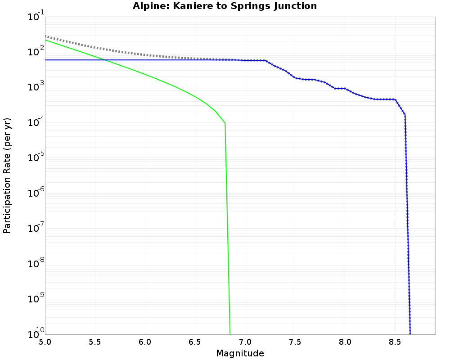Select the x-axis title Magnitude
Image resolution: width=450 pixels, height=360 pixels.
(x=240, y=353)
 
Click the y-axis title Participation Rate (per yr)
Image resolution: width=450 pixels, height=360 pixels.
(x=7, y=175)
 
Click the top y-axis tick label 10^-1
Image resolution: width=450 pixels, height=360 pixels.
(x=32, y=17)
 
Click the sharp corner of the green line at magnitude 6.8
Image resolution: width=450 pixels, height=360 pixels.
(x=225, y=123)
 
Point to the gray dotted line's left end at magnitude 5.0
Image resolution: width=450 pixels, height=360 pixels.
(x=46, y=36)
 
